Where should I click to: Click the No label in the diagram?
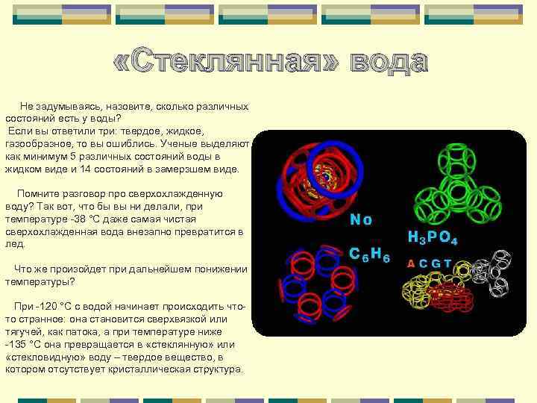pos(361,220)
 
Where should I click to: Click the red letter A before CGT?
pos(410,263)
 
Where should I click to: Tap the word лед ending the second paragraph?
pos(15,244)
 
